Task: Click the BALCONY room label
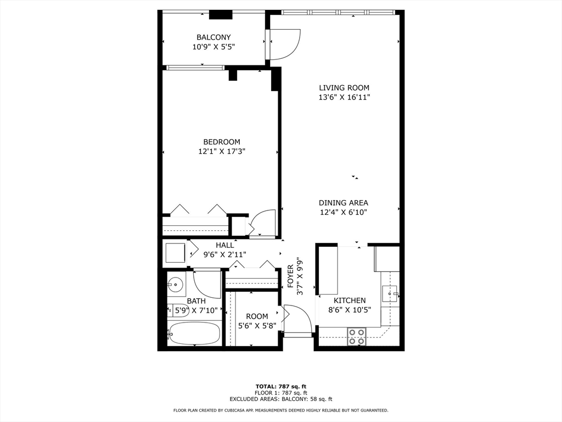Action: point(213,37)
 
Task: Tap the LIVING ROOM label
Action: point(344,88)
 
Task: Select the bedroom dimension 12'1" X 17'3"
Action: point(222,152)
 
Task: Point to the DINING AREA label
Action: point(344,203)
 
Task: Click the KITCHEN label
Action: point(350,301)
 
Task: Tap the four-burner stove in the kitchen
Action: point(357,337)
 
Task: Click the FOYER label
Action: point(291,276)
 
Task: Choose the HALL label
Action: point(224,246)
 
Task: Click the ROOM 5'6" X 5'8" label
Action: point(257,316)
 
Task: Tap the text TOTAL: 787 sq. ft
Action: point(281,386)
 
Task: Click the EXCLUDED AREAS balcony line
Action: point(281,399)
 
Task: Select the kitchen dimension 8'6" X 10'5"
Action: point(350,310)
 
